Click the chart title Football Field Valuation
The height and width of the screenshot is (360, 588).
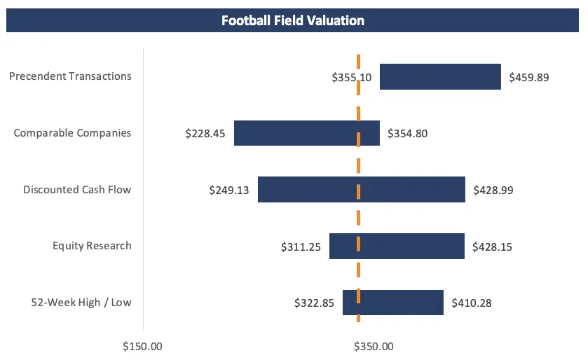click(x=293, y=20)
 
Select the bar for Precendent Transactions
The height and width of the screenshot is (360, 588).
click(x=440, y=77)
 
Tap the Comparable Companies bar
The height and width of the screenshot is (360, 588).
click(x=306, y=133)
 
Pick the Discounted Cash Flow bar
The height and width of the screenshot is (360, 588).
click(x=361, y=190)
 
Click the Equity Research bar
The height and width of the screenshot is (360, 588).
click(x=397, y=247)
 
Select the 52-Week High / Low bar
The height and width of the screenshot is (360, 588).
click(x=392, y=303)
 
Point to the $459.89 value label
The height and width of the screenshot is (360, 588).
click(x=529, y=77)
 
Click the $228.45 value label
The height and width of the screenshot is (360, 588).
click(x=205, y=133)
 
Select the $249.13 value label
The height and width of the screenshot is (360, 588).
click(x=229, y=190)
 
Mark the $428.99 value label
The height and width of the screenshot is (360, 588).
click(x=493, y=190)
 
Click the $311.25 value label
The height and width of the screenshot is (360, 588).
click(x=301, y=247)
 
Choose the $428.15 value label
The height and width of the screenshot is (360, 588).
click(x=492, y=247)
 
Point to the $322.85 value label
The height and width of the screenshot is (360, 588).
click(x=314, y=303)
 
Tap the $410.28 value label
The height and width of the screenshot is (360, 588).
click(x=471, y=303)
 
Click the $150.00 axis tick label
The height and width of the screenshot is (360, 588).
click(x=142, y=346)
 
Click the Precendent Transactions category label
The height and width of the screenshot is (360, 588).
click(x=70, y=76)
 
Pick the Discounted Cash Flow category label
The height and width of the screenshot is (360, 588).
click(x=77, y=190)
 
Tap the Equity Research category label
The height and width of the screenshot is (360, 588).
click(x=92, y=246)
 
